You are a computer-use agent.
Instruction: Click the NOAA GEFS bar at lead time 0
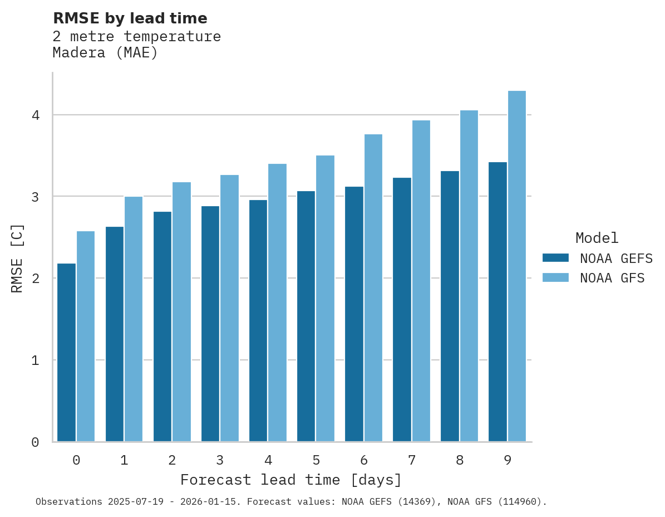(x=67, y=352)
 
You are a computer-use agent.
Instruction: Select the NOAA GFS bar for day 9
(x=516, y=266)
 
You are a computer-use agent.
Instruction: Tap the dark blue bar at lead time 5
(x=306, y=316)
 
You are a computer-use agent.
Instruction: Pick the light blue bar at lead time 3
(x=229, y=308)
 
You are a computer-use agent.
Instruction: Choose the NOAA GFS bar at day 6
(x=373, y=287)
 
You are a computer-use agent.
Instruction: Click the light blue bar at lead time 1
(x=134, y=319)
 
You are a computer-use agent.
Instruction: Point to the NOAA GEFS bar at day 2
(x=162, y=326)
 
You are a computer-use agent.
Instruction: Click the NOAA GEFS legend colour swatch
(x=555, y=258)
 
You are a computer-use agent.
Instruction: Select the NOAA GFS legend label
(x=612, y=278)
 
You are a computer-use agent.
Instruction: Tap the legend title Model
(x=597, y=238)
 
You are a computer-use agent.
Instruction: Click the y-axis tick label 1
(x=35, y=360)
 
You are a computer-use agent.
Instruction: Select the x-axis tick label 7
(x=412, y=460)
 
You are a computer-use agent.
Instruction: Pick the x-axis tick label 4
(x=268, y=460)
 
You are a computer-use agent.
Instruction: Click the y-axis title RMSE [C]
(x=17, y=258)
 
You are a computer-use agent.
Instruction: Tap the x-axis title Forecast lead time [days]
(x=291, y=480)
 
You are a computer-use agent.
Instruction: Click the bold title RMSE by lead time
(x=130, y=18)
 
